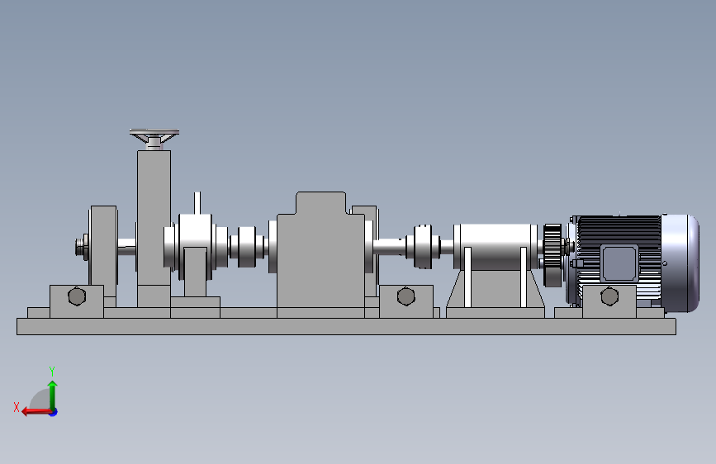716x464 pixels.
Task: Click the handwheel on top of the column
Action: click(x=154, y=135)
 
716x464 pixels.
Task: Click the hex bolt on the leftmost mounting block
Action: click(x=77, y=296)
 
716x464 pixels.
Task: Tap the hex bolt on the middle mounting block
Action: click(x=406, y=296)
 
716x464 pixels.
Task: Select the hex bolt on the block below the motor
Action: click(x=609, y=296)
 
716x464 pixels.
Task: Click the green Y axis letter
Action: click(x=52, y=371)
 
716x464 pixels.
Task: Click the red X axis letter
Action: click(x=17, y=407)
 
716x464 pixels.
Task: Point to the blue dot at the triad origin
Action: click(x=54, y=412)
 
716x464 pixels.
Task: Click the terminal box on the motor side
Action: click(x=619, y=263)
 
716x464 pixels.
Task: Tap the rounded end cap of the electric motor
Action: click(x=680, y=263)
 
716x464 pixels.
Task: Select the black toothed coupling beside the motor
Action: click(x=552, y=255)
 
